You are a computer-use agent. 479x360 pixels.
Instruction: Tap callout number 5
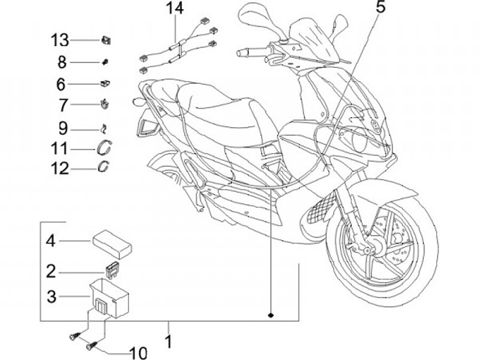click(x=381, y=9)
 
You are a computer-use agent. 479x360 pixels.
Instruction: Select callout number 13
click(x=59, y=41)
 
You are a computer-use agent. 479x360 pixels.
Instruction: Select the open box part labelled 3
click(x=108, y=295)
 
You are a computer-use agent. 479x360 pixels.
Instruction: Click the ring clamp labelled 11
click(x=104, y=148)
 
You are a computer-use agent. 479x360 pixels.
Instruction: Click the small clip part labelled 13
click(x=106, y=41)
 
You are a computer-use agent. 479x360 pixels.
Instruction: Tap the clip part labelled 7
click(x=105, y=104)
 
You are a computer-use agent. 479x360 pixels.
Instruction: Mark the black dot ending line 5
click(x=271, y=313)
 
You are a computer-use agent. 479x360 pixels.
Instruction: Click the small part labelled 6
click(x=105, y=84)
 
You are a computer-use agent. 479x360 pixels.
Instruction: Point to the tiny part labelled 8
click(x=105, y=62)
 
